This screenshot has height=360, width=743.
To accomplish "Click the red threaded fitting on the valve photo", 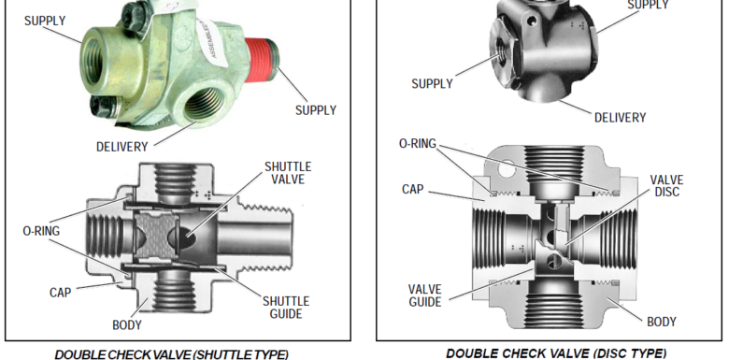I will pyautogui.click(x=272, y=55).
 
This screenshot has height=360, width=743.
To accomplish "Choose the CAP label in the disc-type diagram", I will pyautogui.click(x=413, y=189).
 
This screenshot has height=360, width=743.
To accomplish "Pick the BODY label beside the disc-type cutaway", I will pyautogui.click(x=661, y=322).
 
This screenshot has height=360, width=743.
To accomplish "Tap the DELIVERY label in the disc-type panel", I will pyautogui.click(x=620, y=118).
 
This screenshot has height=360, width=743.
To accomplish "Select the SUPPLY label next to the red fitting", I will pyautogui.click(x=315, y=110).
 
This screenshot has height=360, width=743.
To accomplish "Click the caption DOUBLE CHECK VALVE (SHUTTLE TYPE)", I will pyautogui.click(x=171, y=353).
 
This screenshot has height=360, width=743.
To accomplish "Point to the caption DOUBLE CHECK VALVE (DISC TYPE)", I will pyautogui.click(x=555, y=353).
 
